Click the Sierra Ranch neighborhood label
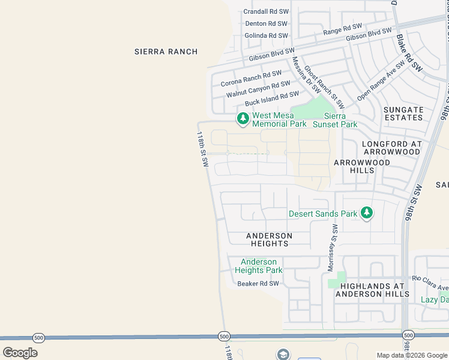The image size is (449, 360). [166, 52]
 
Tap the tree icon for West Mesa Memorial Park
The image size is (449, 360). [243, 119]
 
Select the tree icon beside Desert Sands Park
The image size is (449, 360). [366, 213]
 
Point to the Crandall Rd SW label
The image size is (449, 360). [266, 11]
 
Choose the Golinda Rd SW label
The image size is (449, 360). [267, 35]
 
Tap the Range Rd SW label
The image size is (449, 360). [343, 29]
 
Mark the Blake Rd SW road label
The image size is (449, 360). [409, 54]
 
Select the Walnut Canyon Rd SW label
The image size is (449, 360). [258, 89]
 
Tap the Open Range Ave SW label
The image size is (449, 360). [381, 80]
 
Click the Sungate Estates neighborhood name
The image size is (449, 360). [403, 113]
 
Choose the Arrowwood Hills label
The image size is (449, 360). [362, 166]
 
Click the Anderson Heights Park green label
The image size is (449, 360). [259, 266]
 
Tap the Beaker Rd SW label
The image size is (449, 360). [258, 284]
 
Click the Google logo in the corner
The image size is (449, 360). [20, 353]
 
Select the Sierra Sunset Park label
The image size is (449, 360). [340, 120]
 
